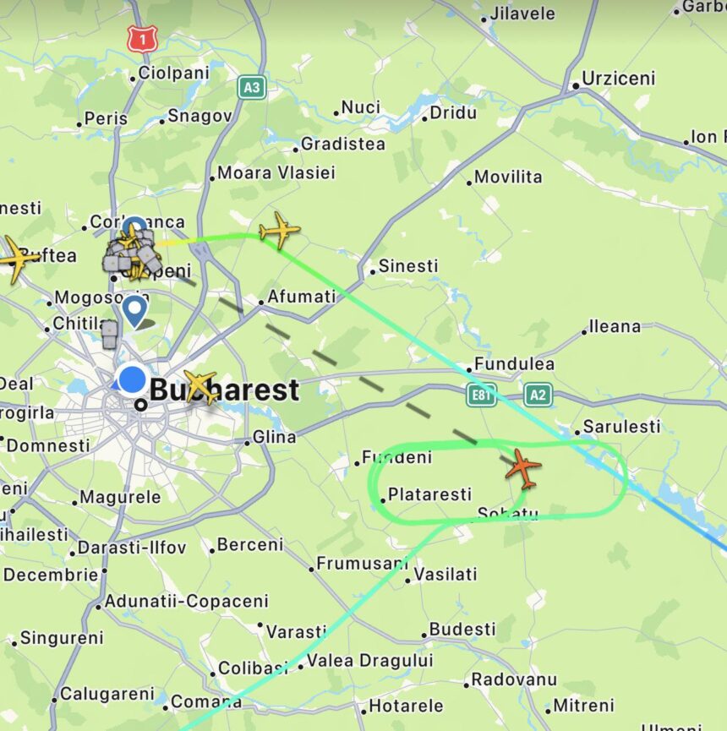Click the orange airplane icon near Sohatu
(x=523, y=469)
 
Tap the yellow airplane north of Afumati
(x=279, y=230)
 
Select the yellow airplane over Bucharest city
(x=201, y=387)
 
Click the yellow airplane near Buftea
(x=15, y=258)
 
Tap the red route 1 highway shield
(x=140, y=38)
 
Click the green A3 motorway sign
(x=250, y=87)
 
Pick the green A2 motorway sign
(x=537, y=394)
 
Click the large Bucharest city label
(x=224, y=390)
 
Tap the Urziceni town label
(x=618, y=79)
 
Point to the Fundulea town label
(x=514, y=364)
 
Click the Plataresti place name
(x=429, y=494)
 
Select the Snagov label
(x=200, y=117)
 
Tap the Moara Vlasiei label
(x=276, y=173)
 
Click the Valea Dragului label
(x=369, y=661)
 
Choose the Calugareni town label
(x=107, y=694)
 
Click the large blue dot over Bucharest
(x=132, y=379)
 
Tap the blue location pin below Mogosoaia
(x=134, y=311)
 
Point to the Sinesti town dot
(x=372, y=271)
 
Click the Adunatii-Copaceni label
(x=186, y=602)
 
